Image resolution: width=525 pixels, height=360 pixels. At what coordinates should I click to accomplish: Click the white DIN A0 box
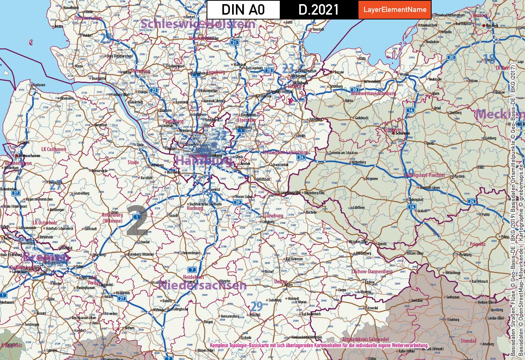point(243,10)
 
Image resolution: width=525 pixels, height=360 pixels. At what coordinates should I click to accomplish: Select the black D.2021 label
point(318,10)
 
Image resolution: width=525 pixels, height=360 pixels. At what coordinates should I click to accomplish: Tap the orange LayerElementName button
point(394,10)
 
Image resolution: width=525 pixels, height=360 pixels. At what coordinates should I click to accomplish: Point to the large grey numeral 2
point(138,220)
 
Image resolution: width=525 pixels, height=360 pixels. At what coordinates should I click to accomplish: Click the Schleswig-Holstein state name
point(198,24)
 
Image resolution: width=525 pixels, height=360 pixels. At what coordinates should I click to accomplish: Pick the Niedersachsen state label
point(202,285)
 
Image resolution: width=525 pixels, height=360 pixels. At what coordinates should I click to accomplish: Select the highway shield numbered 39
point(237,202)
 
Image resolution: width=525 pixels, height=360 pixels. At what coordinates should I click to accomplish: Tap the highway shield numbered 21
point(235,42)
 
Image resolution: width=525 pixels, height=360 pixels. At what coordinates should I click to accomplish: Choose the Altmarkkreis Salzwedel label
point(360,339)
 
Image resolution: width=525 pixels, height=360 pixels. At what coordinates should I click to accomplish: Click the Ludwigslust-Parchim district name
point(424,175)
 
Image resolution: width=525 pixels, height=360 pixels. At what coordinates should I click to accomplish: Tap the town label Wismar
point(404,74)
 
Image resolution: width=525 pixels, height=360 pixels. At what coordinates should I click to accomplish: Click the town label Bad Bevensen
point(294,259)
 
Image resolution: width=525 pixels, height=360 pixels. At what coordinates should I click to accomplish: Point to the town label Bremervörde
point(99,171)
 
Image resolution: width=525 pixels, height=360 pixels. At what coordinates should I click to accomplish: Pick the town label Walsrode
point(159,310)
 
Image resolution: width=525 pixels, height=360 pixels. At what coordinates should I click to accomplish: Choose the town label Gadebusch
point(361,118)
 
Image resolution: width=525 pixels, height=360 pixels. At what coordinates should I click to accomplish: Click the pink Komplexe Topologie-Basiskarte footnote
point(319,345)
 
